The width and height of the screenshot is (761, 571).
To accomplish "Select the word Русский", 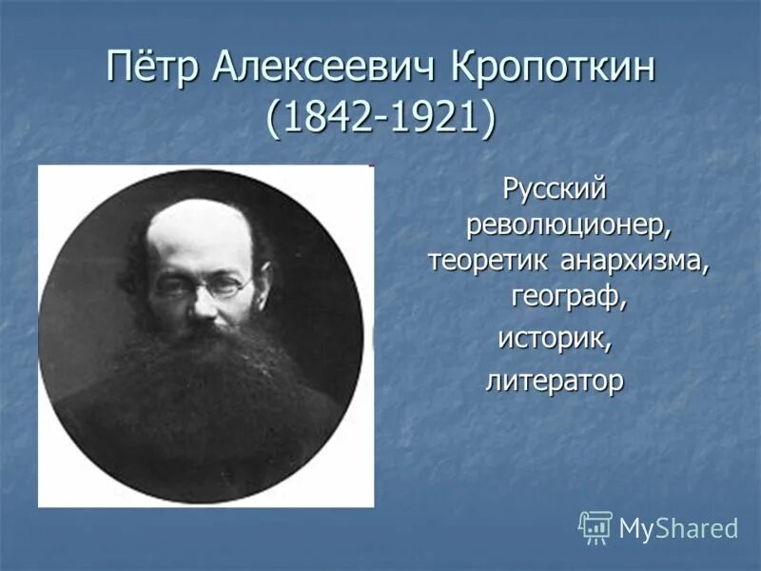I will coord(554,190).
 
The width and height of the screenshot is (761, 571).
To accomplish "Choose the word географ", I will coord(569,297).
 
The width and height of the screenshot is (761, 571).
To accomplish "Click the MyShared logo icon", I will coord(595,526).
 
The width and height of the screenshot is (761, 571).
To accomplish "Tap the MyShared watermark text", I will coord(678,528).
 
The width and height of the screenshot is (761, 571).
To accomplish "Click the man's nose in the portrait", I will coord(204,303).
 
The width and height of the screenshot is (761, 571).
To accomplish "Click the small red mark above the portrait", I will coord(369,166).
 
